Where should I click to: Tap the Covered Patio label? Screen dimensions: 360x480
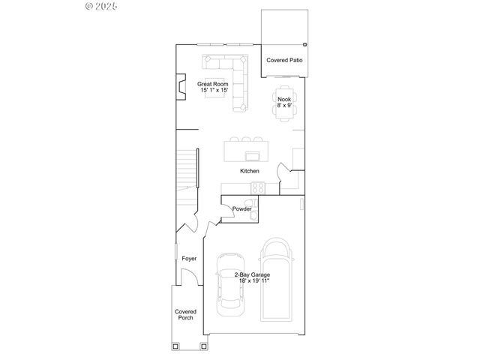pos(285,60)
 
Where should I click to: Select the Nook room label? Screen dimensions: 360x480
pos(284,99)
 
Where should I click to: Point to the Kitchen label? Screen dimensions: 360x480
pos(250,171)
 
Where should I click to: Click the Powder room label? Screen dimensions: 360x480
pos(241,208)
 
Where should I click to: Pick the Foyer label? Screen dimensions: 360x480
pos(189,259)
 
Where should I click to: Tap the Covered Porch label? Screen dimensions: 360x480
pos(185,314)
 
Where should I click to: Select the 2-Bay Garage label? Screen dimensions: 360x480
pos(252,275)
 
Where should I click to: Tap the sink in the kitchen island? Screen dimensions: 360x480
pos(252,156)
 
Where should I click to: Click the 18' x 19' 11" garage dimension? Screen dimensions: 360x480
pos(252,281)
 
